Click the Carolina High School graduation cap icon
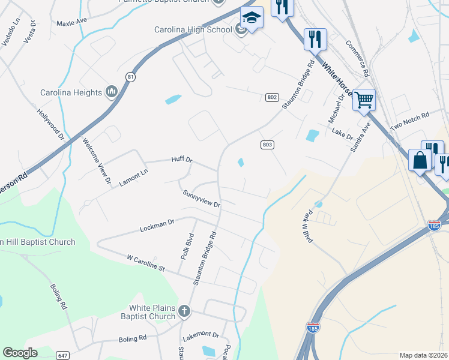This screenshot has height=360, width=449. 252,19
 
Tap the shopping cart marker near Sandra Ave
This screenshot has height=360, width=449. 364,99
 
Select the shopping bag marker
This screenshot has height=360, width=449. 420,160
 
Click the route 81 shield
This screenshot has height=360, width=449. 131,77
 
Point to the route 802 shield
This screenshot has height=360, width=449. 273,97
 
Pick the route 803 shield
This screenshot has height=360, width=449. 268,145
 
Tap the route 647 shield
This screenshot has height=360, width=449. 62,355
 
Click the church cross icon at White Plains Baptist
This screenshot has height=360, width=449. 184,311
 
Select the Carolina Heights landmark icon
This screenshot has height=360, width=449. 110,92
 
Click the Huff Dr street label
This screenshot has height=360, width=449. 181,160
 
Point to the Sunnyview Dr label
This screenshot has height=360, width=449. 202,199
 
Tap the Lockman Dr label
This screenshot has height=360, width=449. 157,226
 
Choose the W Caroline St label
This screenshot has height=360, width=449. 145,262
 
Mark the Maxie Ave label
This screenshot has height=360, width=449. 71,23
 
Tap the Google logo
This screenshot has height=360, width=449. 20,353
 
